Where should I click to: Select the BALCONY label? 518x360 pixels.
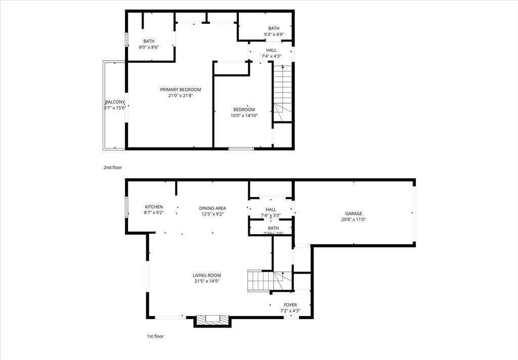click(115, 102)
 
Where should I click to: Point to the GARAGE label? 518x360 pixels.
click(354, 213)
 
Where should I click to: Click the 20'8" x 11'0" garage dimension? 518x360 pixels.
click(354, 219)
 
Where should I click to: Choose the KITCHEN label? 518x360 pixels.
click(154, 207)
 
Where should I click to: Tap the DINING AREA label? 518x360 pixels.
click(212, 208)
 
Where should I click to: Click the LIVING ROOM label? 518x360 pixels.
click(207, 275)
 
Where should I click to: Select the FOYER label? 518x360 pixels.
click(290, 305)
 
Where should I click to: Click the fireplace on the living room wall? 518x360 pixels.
click(212, 320)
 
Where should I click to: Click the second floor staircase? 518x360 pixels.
click(283, 94)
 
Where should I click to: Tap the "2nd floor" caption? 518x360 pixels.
click(113, 167)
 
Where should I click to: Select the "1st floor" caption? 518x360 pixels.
click(155, 336)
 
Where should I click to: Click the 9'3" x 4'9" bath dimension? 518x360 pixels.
click(274, 34)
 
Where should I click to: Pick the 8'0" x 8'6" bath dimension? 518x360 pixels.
click(149, 48)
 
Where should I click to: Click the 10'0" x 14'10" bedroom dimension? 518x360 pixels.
click(244, 116)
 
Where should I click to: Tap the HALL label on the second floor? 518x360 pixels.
click(271, 50)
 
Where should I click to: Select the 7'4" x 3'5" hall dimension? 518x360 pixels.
click(271, 216)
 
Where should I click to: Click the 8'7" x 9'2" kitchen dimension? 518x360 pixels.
click(154, 213)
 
